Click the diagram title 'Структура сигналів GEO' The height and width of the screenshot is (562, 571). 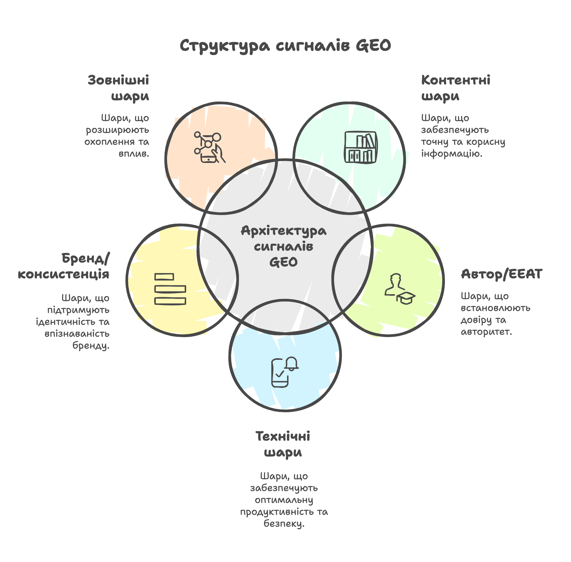coord(285,46)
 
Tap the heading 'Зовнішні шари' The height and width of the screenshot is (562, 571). coord(118,88)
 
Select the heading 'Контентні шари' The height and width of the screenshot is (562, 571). coord(455,88)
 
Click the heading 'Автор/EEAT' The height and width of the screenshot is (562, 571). coord(501,274)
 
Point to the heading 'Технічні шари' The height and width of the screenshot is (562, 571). coord(283,444)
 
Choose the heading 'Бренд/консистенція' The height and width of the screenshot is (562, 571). coord(63,266)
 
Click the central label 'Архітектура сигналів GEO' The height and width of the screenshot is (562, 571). coord(284,246)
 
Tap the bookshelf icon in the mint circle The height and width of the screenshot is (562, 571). coord(360,147)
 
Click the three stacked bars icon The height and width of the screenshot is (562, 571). coord(170,289)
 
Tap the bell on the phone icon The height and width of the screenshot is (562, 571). coord(292,363)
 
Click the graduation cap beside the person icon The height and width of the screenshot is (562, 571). coord(406,298)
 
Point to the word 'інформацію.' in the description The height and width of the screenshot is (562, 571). coord(452,154)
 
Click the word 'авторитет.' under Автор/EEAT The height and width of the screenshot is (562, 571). coord(486,332)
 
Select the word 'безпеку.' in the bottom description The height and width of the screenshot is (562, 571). coord(284,524)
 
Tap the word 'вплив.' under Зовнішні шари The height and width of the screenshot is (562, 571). coord(134,154)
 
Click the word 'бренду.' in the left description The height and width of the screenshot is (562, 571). coord(91,346)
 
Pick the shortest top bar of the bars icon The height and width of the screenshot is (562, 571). coord(164,277)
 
